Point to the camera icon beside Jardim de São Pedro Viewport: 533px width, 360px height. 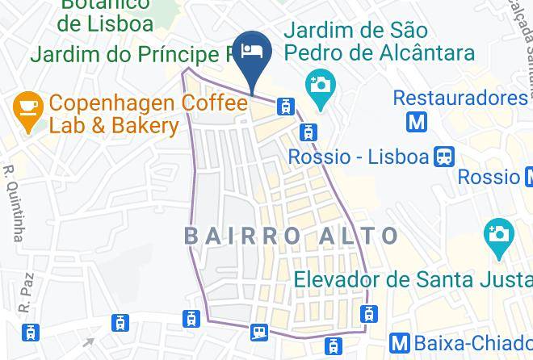pyautogui.click(x=320, y=84)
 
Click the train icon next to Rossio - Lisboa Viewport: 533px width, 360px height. pyautogui.click(x=444, y=155)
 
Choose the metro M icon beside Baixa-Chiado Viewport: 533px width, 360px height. pyautogui.click(x=399, y=342)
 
